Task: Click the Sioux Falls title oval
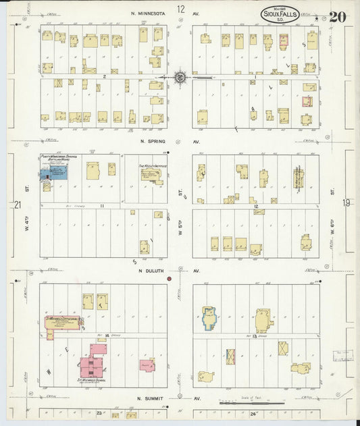(x=282, y=14)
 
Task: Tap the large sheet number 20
(x=338, y=16)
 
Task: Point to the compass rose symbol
(x=181, y=78)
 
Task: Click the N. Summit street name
(x=151, y=398)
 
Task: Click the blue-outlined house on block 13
(x=209, y=318)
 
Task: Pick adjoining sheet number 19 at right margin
(x=346, y=202)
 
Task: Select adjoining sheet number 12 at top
(x=181, y=9)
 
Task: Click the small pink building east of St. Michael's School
(x=147, y=365)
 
